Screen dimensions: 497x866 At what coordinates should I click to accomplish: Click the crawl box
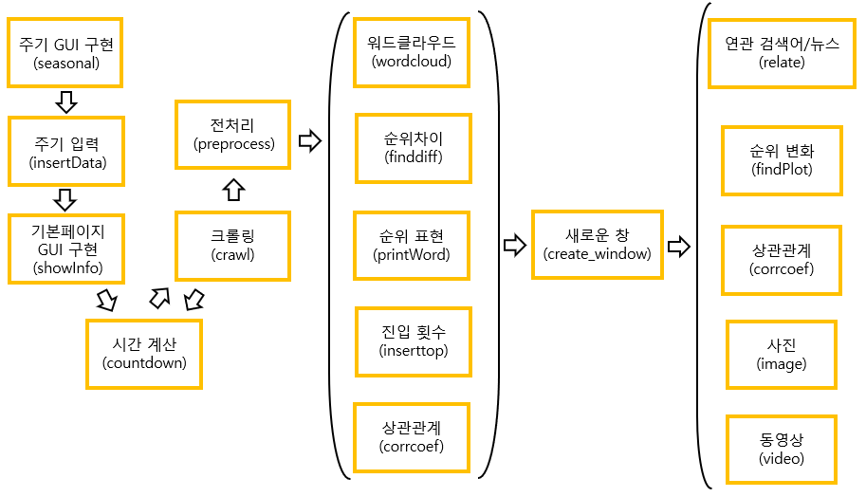[x=232, y=245]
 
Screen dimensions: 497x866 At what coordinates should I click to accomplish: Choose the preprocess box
[x=232, y=135]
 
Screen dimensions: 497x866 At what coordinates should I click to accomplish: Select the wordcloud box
[x=411, y=52]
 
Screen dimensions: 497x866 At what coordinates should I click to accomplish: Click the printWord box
[x=413, y=245]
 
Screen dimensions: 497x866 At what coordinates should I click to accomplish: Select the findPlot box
[x=781, y=160]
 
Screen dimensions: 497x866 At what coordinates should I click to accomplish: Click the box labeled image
[x=781, y=354]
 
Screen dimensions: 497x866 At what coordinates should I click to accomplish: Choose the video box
[x=781, y=449]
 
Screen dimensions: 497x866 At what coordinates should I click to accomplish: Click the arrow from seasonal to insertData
[x=65, y=101]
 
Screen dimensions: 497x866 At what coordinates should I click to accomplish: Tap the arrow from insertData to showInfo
[x=65, y=199]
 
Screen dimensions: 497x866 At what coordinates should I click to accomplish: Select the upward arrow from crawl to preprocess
[x=232, y=190]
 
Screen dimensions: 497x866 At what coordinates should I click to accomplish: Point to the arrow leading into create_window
[x=513, y=246]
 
